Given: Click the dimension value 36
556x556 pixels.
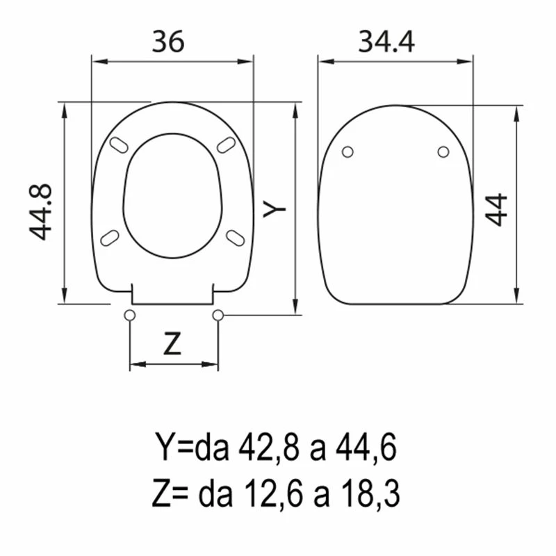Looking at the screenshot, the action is (x=168, y=41).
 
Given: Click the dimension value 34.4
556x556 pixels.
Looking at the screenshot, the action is (x=386, y=42).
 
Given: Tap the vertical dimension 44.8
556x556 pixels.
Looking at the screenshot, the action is (x=40, y=213).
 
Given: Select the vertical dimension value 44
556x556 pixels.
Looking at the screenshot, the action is (x=496, y=210).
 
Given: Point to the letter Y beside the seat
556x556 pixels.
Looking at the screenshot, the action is (x=274, y=208).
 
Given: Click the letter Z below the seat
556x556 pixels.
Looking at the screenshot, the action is (x=172, y=343).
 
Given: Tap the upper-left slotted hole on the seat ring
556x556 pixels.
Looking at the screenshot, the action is (x=119, y=145).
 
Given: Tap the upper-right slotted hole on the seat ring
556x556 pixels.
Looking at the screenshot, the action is (x=227, y=145).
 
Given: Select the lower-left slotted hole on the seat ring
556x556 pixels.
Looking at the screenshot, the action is (x=110, y=238).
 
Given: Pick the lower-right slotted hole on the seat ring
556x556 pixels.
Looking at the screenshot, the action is (x=236, y=238).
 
